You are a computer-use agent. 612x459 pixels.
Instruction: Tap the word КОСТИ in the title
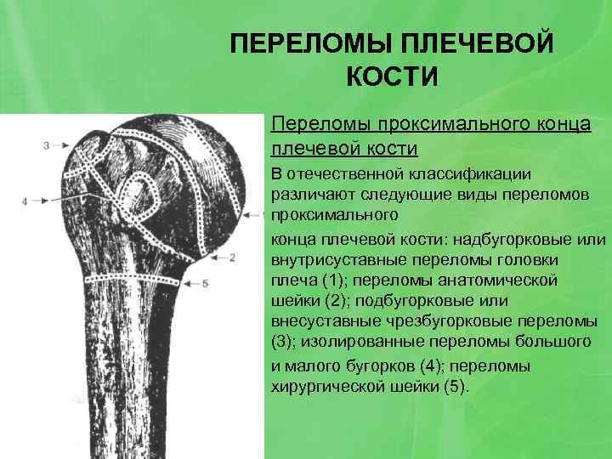(x=392, y=77)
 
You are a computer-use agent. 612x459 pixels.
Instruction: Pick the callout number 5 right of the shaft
(x=207, y=282)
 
